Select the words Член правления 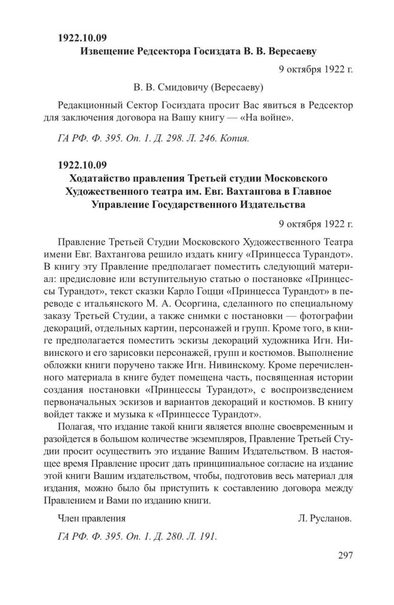(x=91, y=519)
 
